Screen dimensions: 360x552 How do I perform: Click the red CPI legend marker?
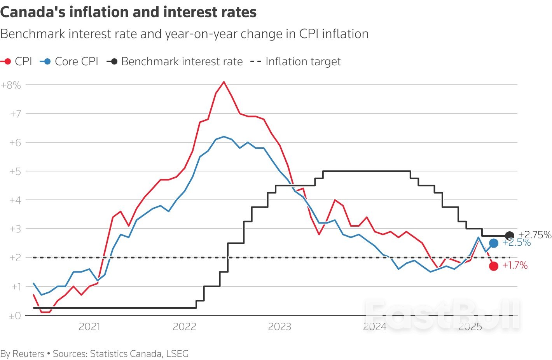[7, 61]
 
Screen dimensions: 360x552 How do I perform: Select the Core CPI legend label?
[76, 61]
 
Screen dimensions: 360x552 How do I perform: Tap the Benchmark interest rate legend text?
[182, 61]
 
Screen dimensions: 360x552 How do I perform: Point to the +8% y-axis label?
[11, 85]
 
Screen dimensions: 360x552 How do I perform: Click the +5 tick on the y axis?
[15, 171]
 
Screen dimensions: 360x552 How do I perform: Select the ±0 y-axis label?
[15, 316]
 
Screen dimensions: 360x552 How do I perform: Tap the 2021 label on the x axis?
[89, 327]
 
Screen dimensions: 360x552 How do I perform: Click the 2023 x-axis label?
[279, 327]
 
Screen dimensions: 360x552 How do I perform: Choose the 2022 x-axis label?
[184, 327]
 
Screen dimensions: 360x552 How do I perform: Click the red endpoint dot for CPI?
[494, 266]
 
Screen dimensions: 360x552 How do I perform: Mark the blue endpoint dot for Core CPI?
[494, 243]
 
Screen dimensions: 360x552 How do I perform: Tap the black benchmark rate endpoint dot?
[509, 236]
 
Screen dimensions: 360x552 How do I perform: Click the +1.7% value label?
[515, 266]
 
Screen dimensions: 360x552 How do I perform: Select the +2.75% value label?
[535, 235]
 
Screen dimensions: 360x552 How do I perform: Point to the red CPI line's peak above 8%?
[224, 82]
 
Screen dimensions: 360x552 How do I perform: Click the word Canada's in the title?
[33, 12]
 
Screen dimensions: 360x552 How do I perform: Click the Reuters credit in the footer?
[28, 354]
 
